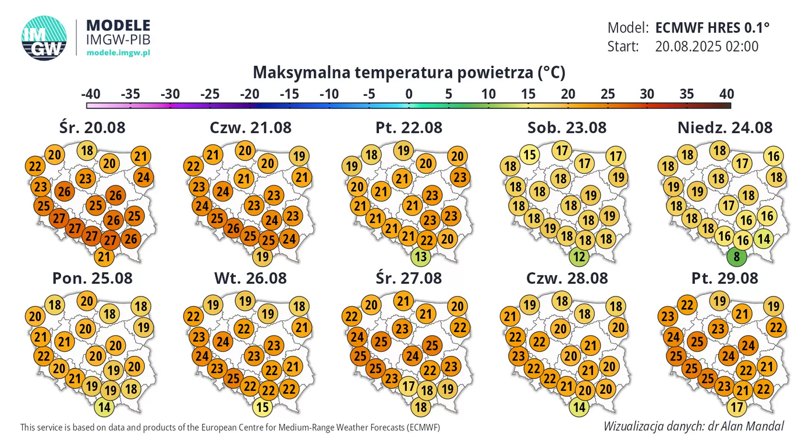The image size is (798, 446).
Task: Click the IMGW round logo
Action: pyautogui.click(x=44, y=38)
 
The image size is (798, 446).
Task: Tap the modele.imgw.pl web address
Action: pyautogui.click(x=118, y=52)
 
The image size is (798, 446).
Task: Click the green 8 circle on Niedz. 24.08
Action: pyautogui.click(x=736, y=256)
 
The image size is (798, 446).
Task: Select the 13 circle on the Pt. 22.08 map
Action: pyautogui.click(x=420, y=256)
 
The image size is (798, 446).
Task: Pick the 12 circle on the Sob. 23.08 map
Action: pyautogui.click(x=579, y=256)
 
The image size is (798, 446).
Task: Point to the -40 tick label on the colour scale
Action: pyautogui.click(x=90, y=94)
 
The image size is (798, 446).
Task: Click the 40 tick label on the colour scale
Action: pyautogui.click(x=726, y=94)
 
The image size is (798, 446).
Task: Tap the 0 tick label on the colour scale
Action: pyautogui.click(x=409, y=94)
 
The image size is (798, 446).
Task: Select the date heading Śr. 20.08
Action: pyautogui.click(x=92, y=127)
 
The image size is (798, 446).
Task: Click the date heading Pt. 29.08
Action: pyautogui.click(x=725, y=278)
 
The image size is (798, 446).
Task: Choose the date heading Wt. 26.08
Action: pyautogui.click(x=250, y=278)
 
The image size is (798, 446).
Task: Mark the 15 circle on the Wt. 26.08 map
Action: pyautogui.click(x=263, y=407)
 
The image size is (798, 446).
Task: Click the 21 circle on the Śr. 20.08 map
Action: pyautogui.click(x=104, y=256)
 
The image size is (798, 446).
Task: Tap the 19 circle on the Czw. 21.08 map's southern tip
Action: pyautogui.click(x=263, y=256)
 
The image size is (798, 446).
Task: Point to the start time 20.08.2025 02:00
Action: pyautogui.click(x=707, y=46)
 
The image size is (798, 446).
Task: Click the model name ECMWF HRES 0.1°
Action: pyautogui.click(x=712, y=27)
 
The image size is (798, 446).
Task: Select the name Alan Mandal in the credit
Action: pyautogui.click(x=754, y=426)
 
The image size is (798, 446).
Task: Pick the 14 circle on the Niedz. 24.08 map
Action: pyautogui.click(x=763, y=238)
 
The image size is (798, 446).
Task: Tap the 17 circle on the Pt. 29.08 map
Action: pyautogui.click(x=737, y=407)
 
